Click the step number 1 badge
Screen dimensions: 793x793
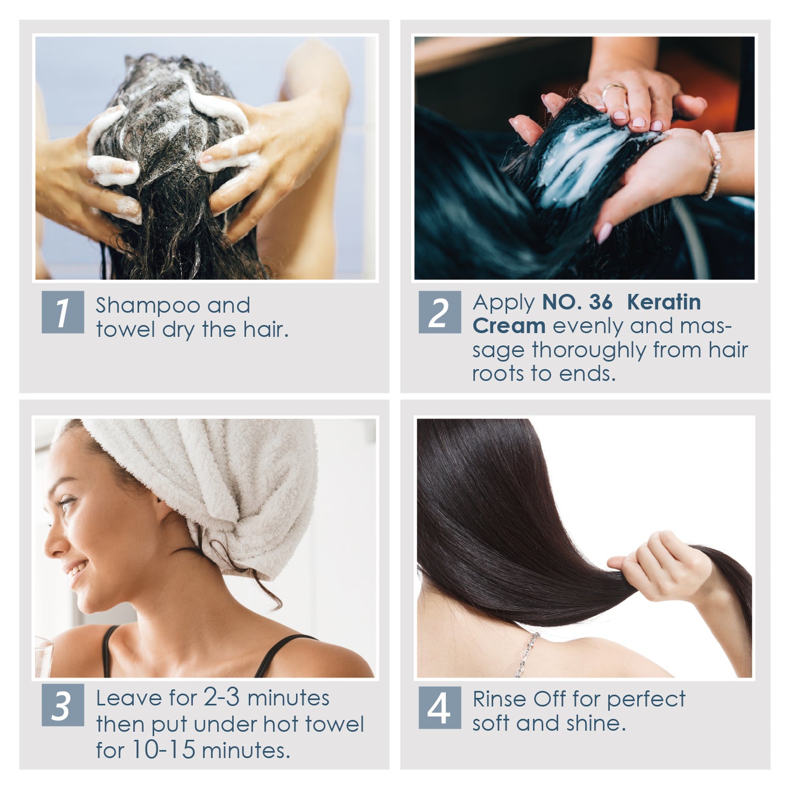point(63,312)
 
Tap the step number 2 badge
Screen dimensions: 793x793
point(440,312)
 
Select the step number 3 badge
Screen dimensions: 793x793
point(63,705)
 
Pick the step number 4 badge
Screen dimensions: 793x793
point(440,708)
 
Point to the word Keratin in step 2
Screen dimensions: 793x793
point(663,302)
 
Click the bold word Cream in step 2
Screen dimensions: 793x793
point(509,326)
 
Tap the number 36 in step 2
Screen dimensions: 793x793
point(600,302)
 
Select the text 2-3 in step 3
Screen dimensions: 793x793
point(222,698)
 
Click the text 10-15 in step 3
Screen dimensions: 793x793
point(163,750)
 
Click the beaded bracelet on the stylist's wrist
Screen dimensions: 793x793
point(712,165)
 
